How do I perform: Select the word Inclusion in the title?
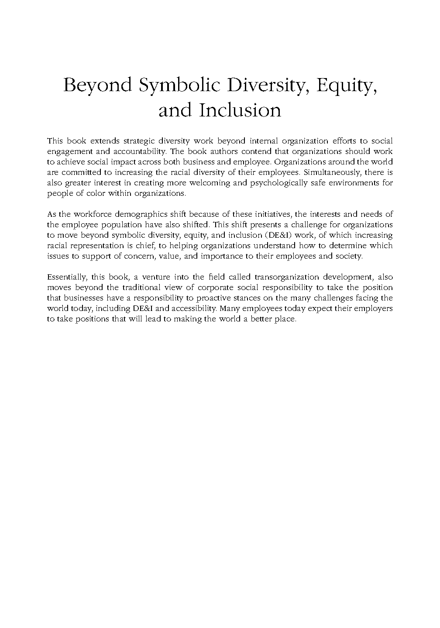[x=240, y=110]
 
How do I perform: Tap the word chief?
[x=144, y=246]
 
